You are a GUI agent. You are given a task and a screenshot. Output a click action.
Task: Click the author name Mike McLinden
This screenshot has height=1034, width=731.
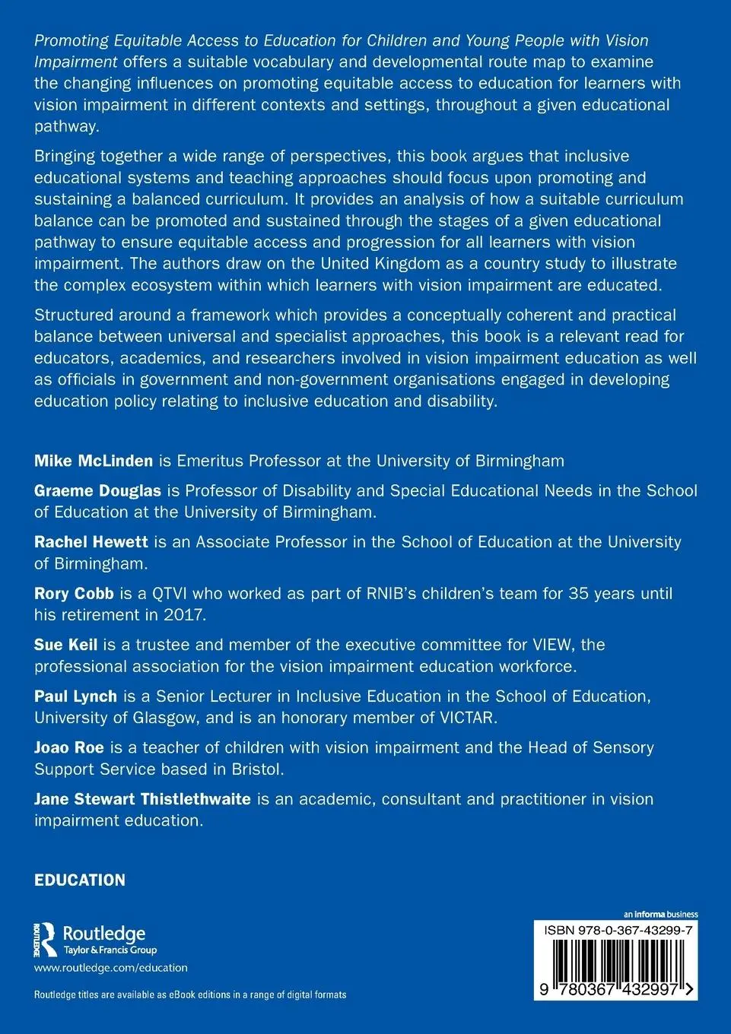94,461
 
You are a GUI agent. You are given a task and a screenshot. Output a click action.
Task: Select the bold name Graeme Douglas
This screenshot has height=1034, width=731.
97,491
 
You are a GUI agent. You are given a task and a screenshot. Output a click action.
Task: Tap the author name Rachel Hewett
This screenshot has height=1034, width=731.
91,542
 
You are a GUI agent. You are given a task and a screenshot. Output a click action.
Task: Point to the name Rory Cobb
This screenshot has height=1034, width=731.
74,593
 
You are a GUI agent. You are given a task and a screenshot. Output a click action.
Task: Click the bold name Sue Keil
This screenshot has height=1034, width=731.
65,645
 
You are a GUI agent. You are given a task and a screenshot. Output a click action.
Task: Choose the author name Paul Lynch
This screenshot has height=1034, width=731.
75,696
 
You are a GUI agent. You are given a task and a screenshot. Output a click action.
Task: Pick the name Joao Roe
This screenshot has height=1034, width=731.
68,747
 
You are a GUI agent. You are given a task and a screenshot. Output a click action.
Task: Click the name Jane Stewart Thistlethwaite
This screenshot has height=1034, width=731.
142,799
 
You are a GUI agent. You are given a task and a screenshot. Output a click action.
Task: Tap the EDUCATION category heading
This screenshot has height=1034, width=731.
80,880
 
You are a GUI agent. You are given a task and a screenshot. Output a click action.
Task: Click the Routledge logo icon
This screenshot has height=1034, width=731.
46,939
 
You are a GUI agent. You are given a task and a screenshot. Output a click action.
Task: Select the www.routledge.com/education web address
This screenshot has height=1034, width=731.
111,968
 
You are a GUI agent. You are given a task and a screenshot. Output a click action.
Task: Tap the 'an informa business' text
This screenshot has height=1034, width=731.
660,915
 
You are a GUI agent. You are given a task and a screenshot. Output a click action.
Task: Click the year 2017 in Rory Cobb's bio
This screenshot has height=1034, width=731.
184,614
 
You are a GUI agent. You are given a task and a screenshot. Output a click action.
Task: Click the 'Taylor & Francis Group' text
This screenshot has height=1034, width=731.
110,950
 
